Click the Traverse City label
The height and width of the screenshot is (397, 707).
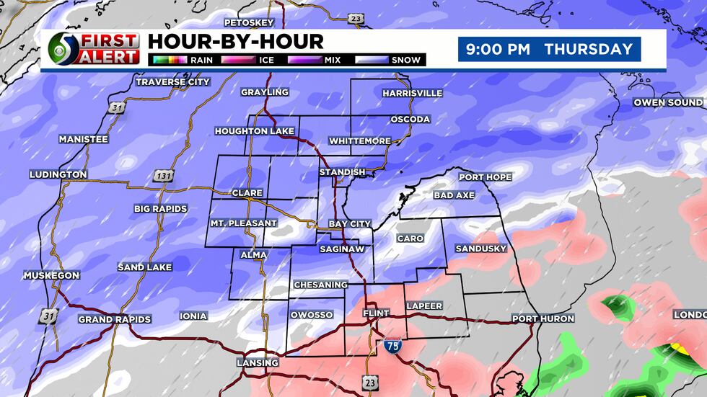(x=172, y=82)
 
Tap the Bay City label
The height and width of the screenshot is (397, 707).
(x=349, y=224)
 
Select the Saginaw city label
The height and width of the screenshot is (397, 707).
(x=342, y=249)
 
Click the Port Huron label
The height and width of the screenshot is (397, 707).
(x=543, y=318)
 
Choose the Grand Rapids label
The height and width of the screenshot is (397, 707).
(x=114, y=319)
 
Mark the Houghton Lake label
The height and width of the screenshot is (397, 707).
(x=254, y=131)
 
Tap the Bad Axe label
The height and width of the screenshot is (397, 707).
(x=452, y=195)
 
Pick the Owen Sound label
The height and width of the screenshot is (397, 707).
(x=668, y=102)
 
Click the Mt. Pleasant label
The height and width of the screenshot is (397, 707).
(x=243, y=223)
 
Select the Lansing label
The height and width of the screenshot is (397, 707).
(x=258, y=362)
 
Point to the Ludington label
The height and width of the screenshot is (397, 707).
(x=58, y=174)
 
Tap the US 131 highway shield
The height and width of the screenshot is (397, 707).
(x=162, y=176)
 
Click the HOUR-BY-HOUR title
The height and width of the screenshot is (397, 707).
(x=235, y=41)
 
